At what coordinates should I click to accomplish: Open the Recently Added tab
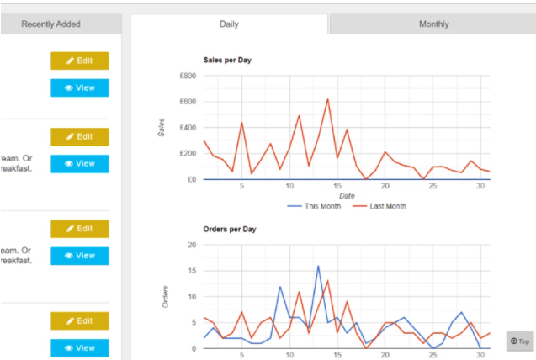click(50, 24)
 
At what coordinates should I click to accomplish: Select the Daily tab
click(229, 24)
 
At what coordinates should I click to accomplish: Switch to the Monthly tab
click(433, 24)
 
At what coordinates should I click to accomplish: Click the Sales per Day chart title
click(227, 61)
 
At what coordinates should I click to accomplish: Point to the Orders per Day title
click(230, 229)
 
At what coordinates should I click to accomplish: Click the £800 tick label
click(188, 77)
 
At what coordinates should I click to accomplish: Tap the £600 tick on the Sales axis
click(188, 103)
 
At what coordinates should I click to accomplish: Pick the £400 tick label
click(188, 128)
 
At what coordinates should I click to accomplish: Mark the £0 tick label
click(190, 179)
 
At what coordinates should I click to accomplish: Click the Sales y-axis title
click(162, 128)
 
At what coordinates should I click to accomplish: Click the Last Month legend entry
click(379, 206)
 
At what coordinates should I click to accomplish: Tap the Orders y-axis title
click(166, 297)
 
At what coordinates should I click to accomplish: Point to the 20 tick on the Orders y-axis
click(191, 245)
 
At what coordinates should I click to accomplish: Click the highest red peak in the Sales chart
click(327, 99)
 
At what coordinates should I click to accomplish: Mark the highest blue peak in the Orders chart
click(318, 266)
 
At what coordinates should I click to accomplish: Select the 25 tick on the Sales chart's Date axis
click(433, 187)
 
